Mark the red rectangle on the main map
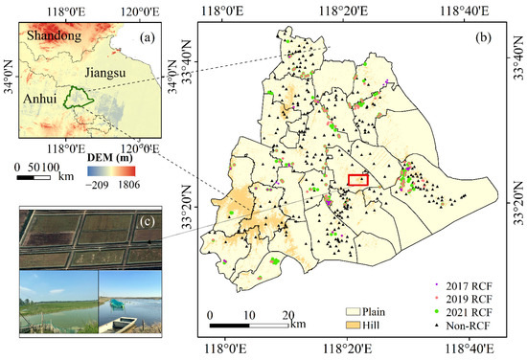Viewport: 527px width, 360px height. coord(357,180)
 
